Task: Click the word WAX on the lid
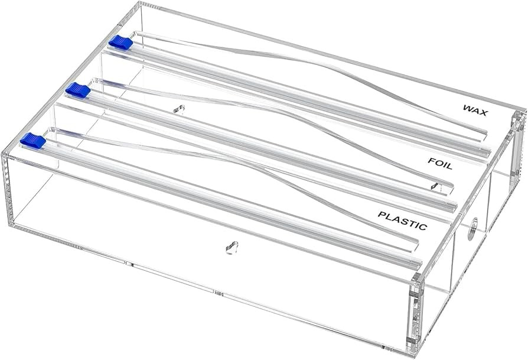point(475,111)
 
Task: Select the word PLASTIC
point(402,220)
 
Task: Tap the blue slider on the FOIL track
point(77,90)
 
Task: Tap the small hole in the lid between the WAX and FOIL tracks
point(180,109)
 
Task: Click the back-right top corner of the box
point(522,111)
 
